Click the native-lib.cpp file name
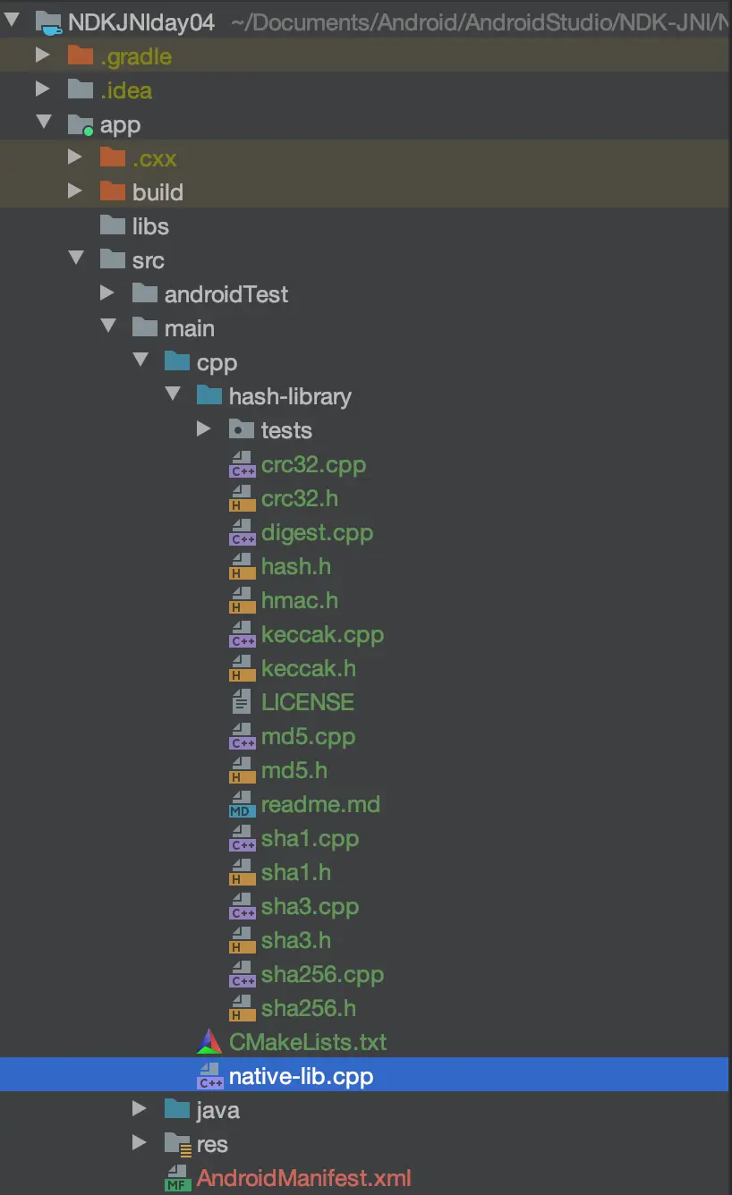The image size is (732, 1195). click(x=301, y=1076)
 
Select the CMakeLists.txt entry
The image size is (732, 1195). click(x=308, y=1042)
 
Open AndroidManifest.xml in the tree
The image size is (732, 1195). click(x=303, y=1178)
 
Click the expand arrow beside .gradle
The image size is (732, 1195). click(x=42, y=56)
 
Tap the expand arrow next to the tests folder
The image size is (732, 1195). click(x=204, y=430)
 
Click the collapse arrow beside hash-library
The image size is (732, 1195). click(x=174, y=395)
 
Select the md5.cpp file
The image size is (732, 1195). click(x=308, y=736)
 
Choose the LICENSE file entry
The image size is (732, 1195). click(x=307, y=702)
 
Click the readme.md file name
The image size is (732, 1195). click(x=319, y=804)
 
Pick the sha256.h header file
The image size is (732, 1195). click(x=308, y=1008)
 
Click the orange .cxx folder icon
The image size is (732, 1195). click(x=112, y=158)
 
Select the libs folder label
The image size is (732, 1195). click(x=150, y=226)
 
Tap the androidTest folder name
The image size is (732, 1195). click(x=226, y=294)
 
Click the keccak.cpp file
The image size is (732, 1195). click(x=322, y=634)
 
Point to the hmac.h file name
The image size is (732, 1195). click(x=299, y=600)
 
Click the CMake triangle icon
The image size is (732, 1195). click(x=209, y=1042)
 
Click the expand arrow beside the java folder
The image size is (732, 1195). click(x=139, y=1110)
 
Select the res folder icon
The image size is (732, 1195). click(x=177, y=1144)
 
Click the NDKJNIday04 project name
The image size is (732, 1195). click(x=141, y=22)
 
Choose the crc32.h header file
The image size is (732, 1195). click(x=299, y=498)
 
